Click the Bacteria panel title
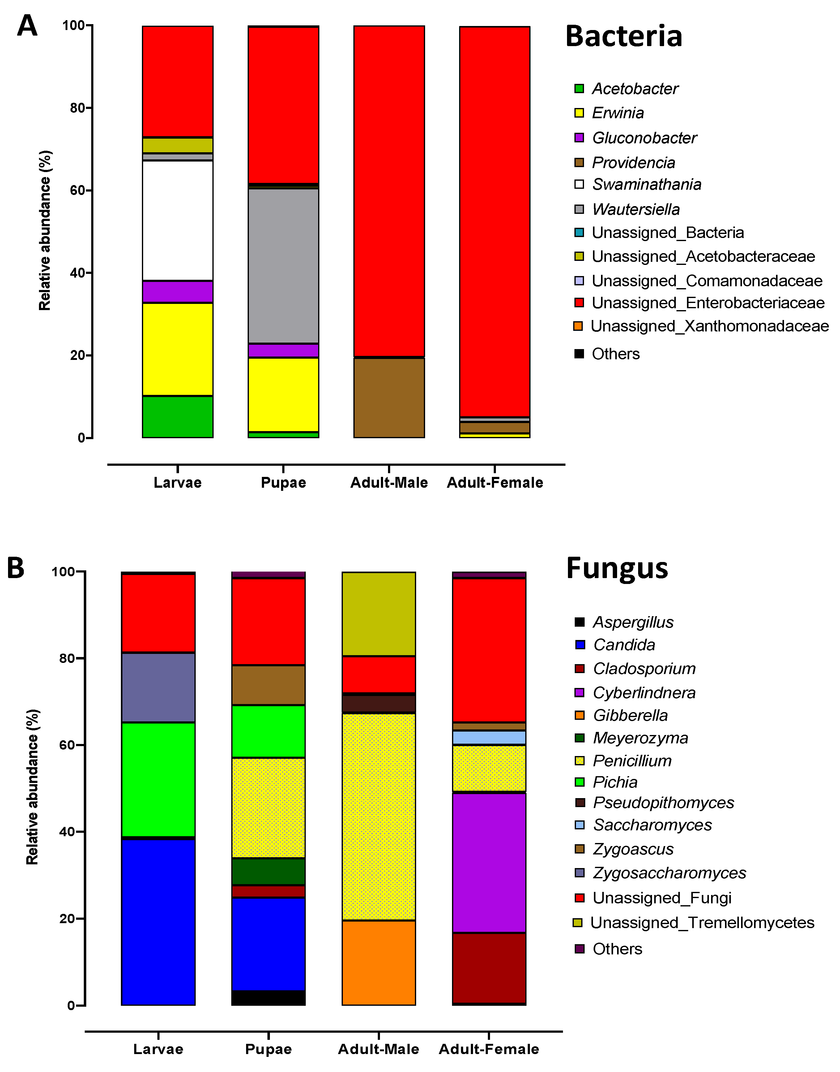pyautogui.click(x=624, y=37)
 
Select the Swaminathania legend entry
pyautogui.click(x=646, y=184)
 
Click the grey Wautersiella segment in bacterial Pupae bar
pyautogui.click(x=283, y=266)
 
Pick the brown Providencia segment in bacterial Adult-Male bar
pyautogui.click(x=389, y=398)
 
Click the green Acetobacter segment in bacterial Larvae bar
pyautogui.click(x=177, y=417)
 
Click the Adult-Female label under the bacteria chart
pyautogui.click(x=495, y=482)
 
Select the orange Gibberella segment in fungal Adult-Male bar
pyautogui.click(x=379, y=962)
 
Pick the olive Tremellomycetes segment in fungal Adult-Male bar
pyautogui.click(x=379, y=614)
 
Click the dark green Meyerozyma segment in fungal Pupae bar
pyautogui.click(x=269, y=871)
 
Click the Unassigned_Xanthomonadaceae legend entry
pyautogui.click(x=709, y=326)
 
